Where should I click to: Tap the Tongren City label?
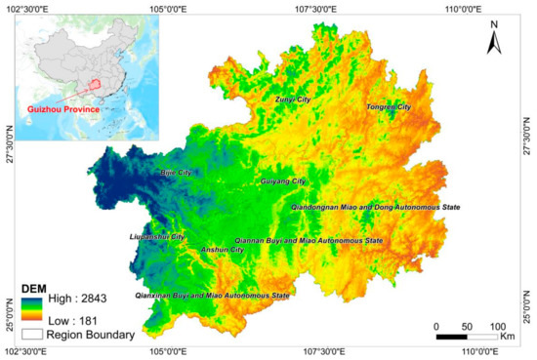click(x=388, y=106)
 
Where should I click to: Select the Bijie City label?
click(x=176, y=173)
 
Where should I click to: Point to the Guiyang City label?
click(x=283, y=181)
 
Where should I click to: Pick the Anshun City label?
click(x=222, y=250)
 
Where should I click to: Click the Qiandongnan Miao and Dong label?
click(x=375, y=208)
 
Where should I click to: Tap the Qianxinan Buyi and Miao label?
click(x=212, y=295)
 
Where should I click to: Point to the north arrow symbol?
click(x=496, y=39)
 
